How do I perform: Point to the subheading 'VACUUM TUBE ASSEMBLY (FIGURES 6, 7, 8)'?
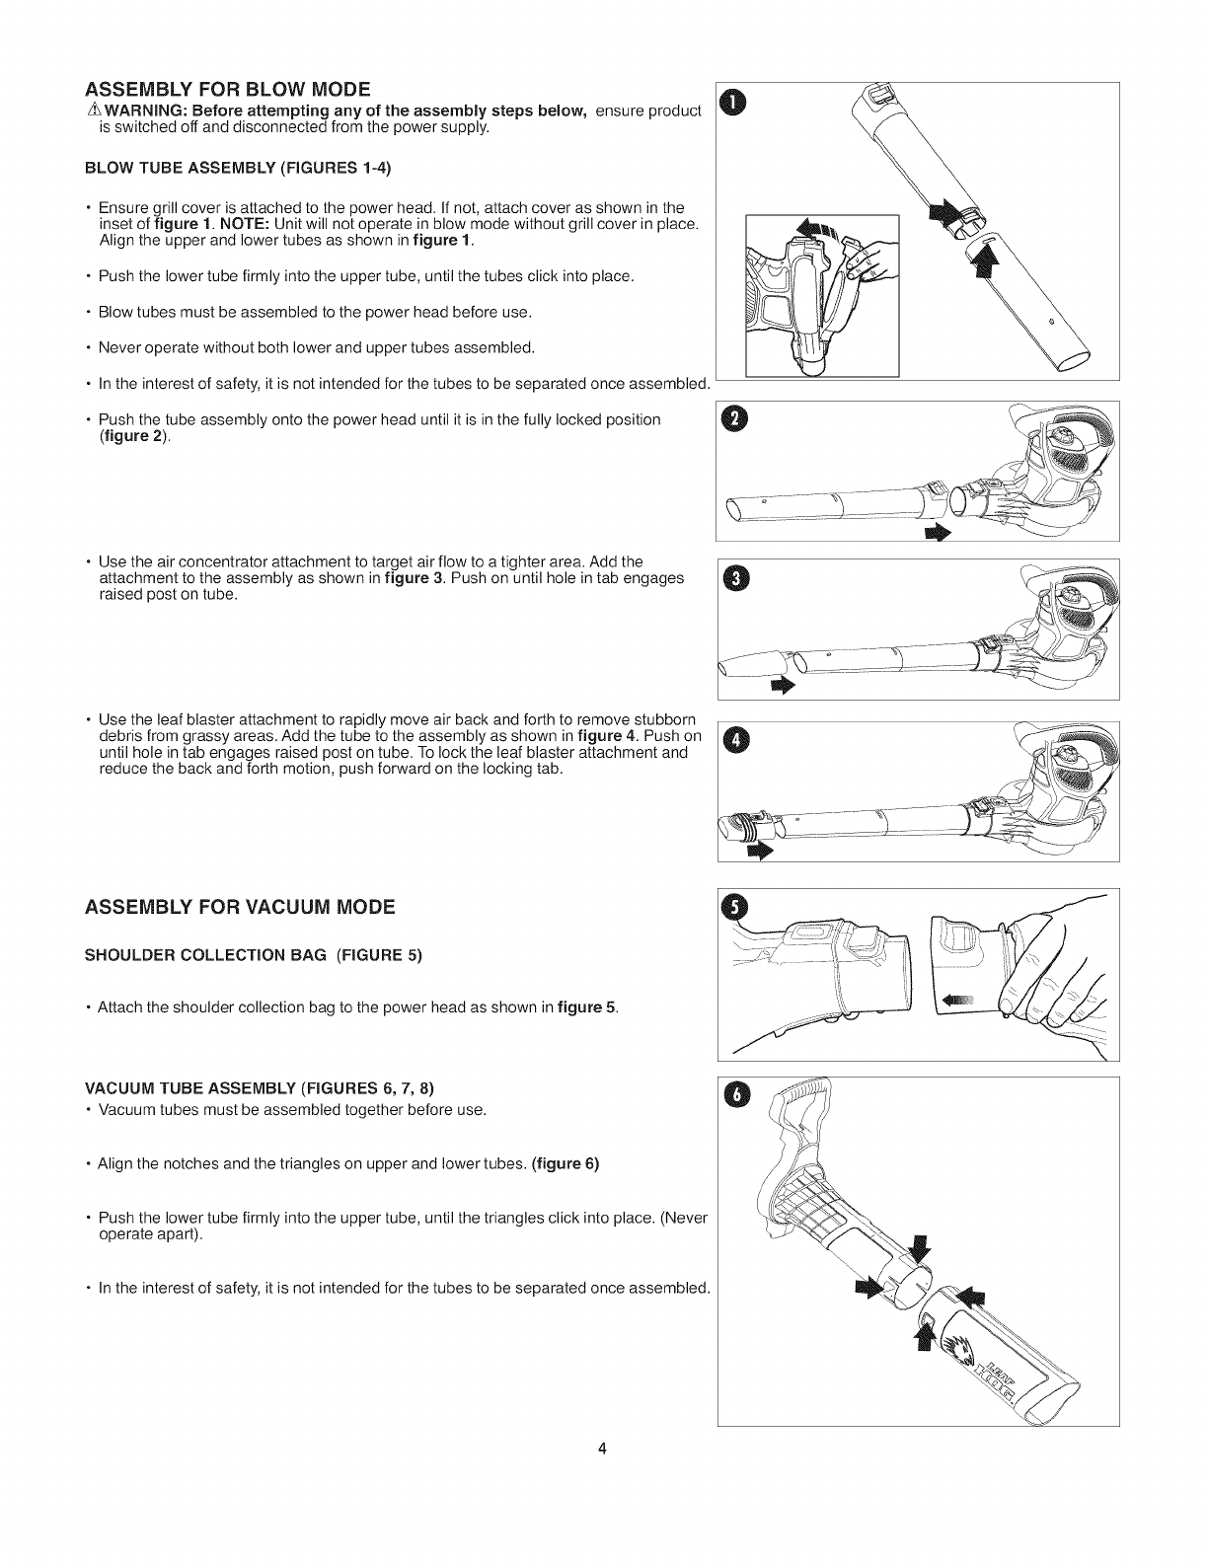point(260,1088)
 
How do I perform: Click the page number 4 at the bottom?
point(604,1449)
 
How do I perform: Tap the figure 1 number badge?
point(732,102)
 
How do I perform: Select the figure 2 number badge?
point(732,420)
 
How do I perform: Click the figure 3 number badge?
point(732,578)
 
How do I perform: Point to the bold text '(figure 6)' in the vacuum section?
point(566,1163)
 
